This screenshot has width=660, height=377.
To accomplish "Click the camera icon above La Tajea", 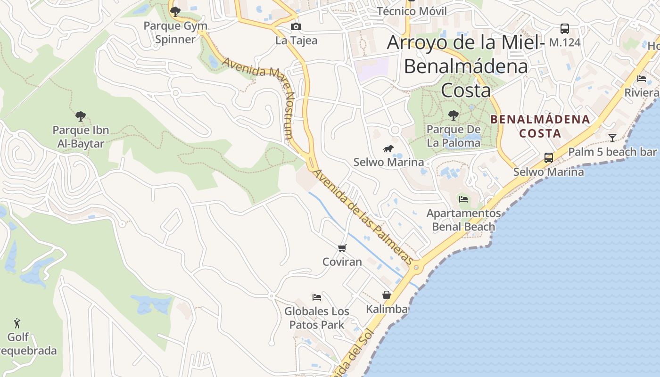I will pos(296,27).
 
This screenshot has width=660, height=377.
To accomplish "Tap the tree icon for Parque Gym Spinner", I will pos(175,11).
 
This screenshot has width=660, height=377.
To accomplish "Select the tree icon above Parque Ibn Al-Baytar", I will pos(81,116).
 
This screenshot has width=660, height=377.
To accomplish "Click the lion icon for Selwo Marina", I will pos(388,149).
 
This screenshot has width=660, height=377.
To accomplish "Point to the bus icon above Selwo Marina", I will pos(549,157).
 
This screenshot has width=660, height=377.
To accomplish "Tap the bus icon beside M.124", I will pos(564,28).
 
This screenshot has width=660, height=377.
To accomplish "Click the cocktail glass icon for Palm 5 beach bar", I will pos(612,138).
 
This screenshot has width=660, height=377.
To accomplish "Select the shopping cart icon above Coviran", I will pos(342,248).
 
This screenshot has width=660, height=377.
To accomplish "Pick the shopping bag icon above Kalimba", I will pos(387,295).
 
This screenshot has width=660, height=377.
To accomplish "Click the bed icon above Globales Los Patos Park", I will pos(317,297).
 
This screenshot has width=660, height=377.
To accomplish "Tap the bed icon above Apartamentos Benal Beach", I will pos(463,199).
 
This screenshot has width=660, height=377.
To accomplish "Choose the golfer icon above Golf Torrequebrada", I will pos(17,323).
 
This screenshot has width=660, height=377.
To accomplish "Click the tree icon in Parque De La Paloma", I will pos(453,115).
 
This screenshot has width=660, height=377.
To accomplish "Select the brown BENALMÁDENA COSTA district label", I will pos(540,126).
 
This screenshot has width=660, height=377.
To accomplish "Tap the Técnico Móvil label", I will pos(411,11).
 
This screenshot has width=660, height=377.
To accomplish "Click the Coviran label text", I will pos(342,262).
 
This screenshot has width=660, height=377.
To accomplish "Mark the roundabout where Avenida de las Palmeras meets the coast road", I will pos(416,268).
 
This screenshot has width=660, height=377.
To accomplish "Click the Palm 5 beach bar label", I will pos(612,152).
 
